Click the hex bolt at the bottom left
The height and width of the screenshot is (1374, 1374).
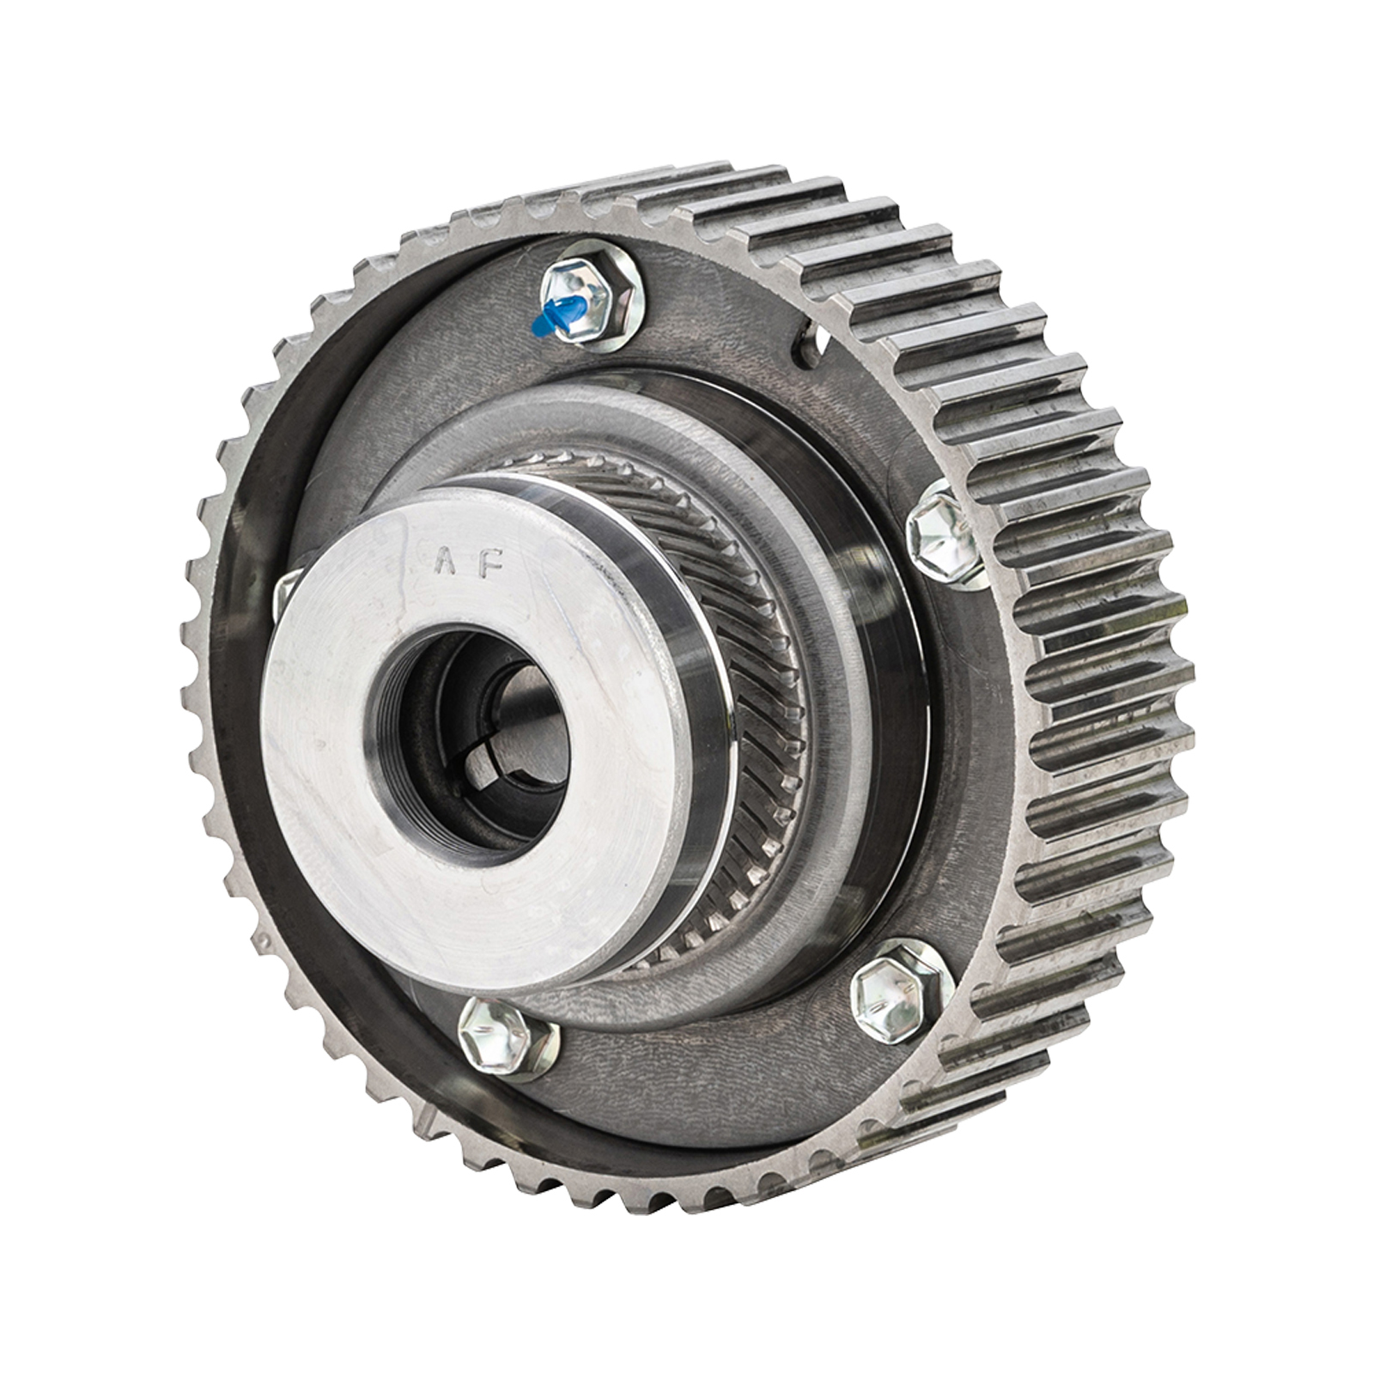coord(495,1037)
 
